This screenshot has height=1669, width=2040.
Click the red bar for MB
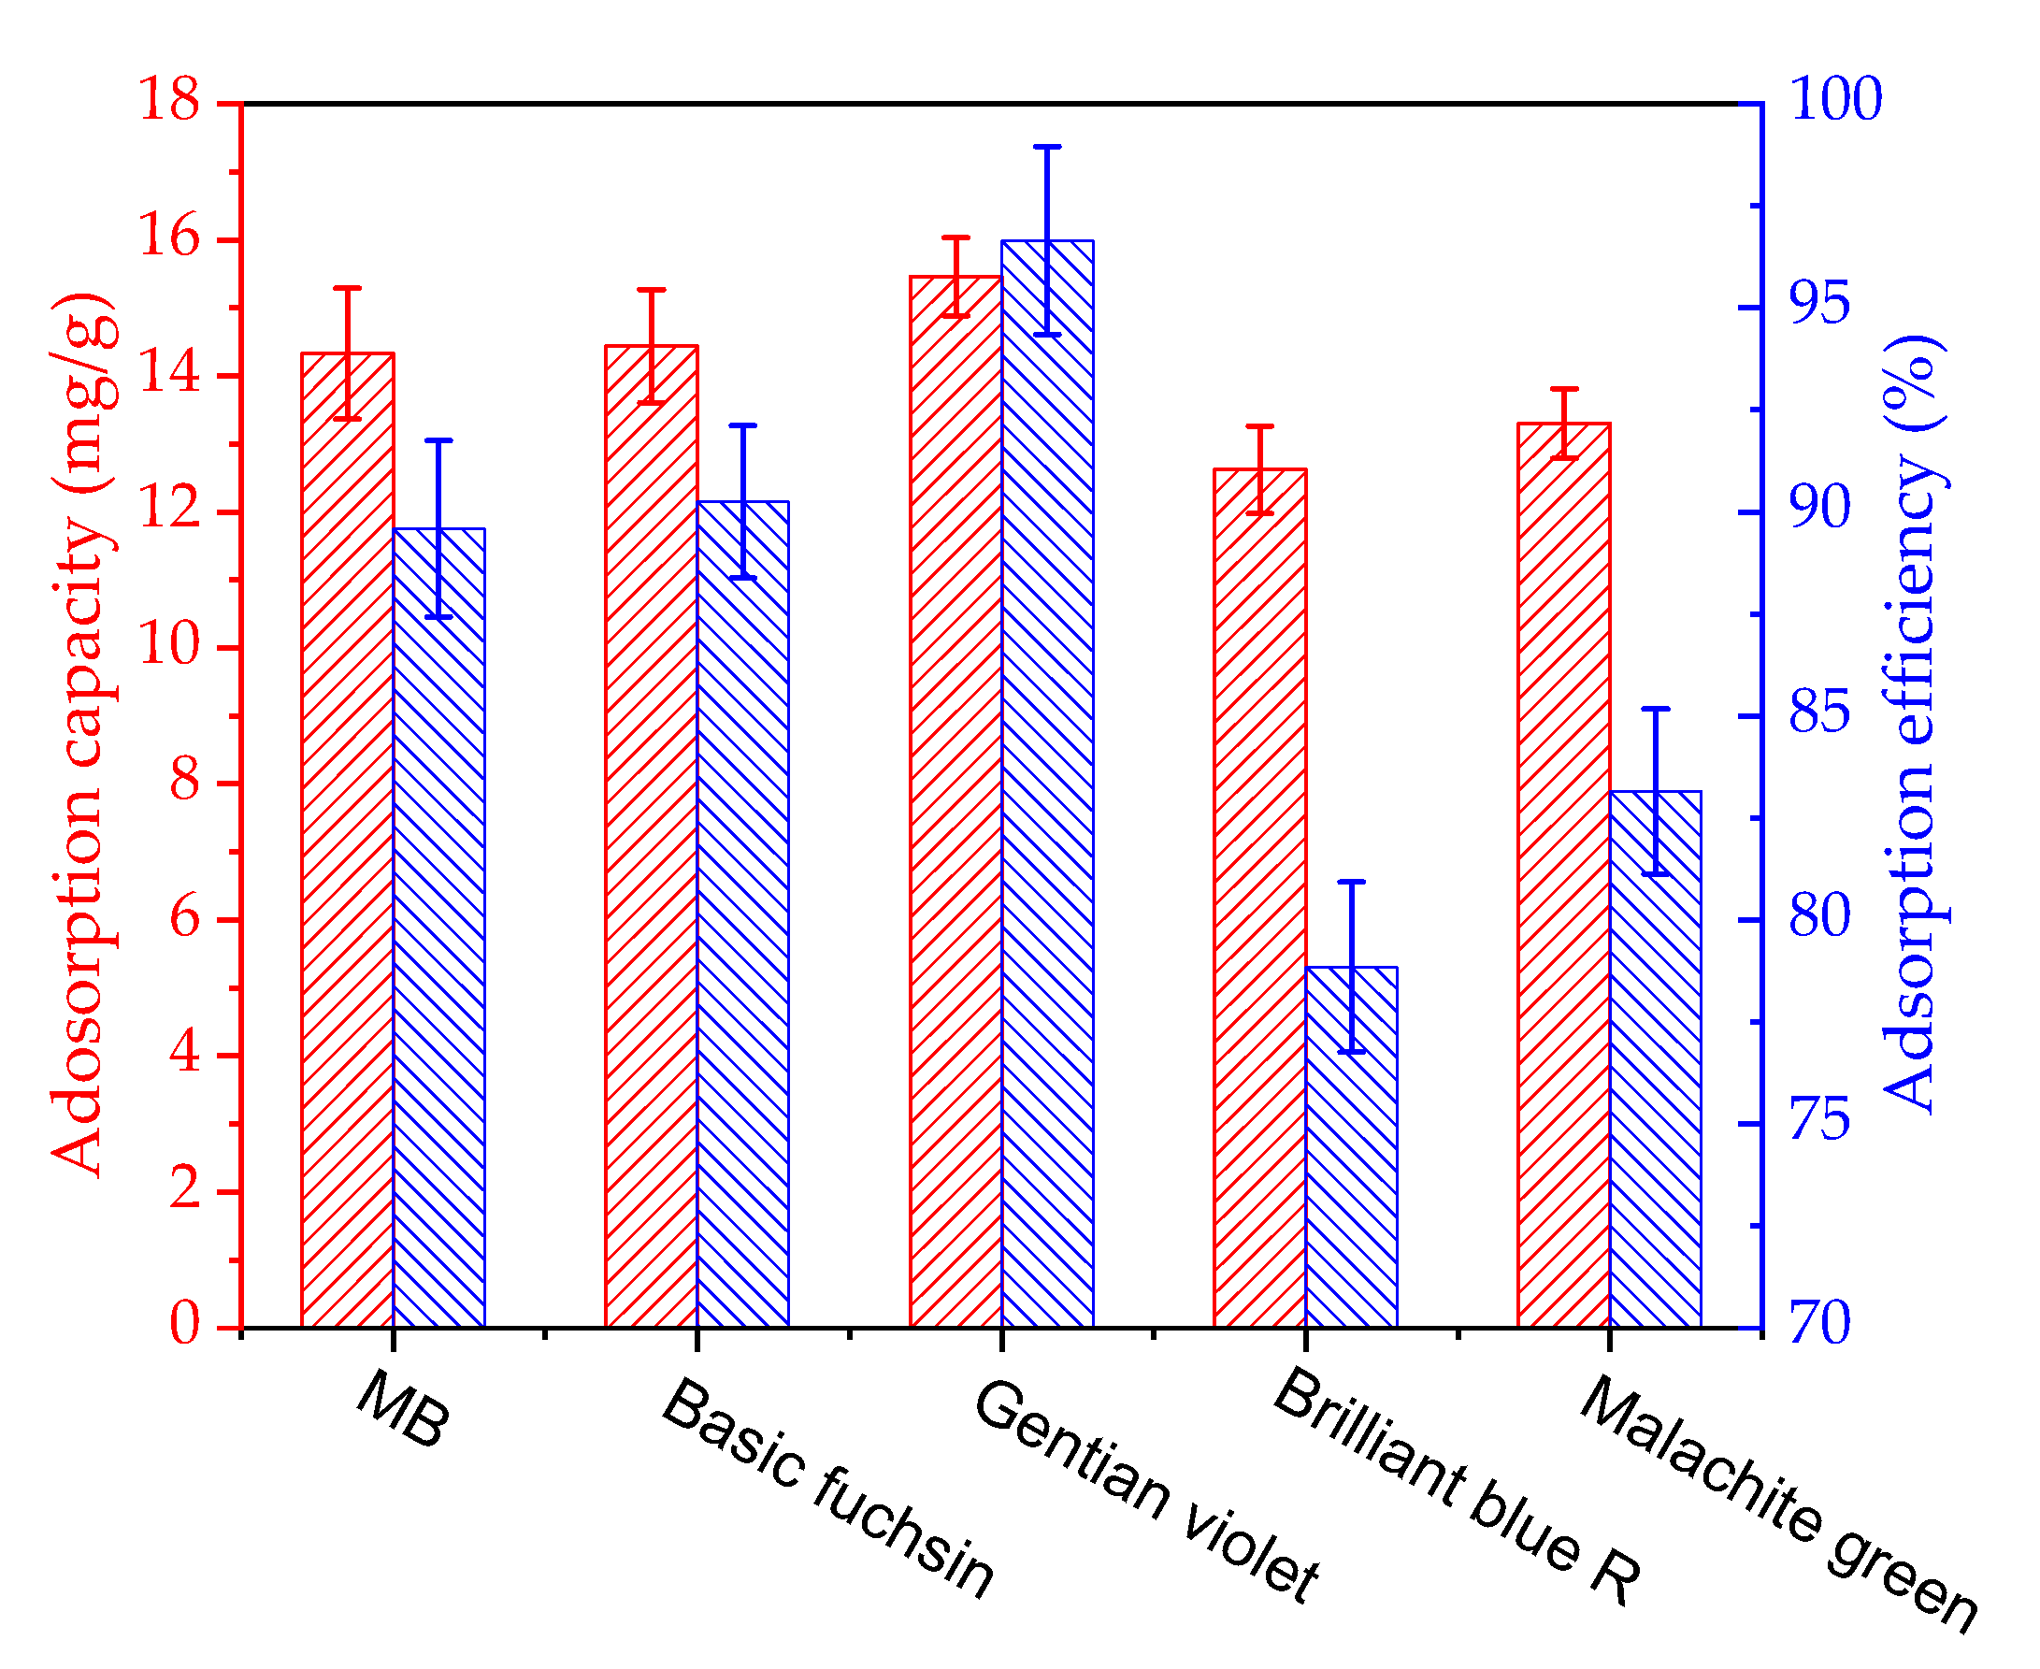point(348,842)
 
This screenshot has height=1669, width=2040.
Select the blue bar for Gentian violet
point(1048,784)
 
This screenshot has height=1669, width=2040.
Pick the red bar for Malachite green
point(1564,875)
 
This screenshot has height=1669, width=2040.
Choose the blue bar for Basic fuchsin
point(743,914)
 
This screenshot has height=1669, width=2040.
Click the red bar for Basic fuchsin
point(652,837)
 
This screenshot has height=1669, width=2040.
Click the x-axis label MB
point(403,1410)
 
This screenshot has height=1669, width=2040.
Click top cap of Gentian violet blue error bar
point(1048,147)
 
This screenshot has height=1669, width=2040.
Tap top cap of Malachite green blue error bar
point(1656,710)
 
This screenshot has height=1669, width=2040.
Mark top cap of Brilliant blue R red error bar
point(1260,426)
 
